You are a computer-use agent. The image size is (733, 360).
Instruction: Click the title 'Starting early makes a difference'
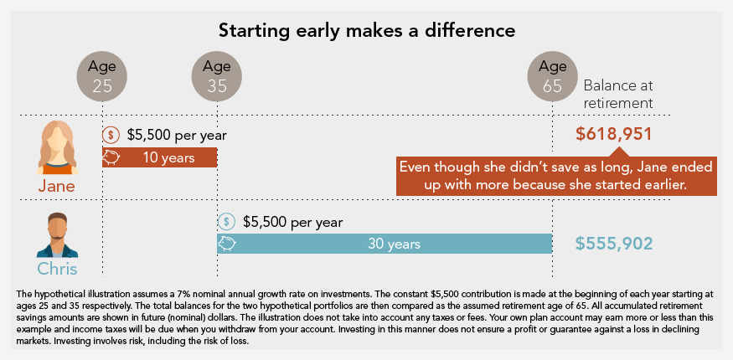[366, 31]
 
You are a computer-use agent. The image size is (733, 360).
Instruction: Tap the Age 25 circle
[102, 75]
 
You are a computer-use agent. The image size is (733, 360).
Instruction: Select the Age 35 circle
[217, 75]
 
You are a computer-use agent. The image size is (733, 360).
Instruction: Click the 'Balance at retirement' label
[617, 94]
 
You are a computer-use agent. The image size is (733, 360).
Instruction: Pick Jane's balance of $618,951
[614, 134]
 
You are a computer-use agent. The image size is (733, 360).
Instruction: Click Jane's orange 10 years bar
[159, 157]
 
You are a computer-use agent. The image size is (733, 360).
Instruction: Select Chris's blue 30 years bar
[385, 244]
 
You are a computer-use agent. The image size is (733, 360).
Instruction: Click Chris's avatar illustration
[56, 234]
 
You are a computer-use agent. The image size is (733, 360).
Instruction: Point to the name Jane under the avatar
[56, 186]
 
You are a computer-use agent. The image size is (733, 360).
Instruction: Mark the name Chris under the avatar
[56, 269]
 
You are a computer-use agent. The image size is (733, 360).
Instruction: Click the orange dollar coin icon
[111, 135]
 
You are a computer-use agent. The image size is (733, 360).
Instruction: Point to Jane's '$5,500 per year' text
[177, 135]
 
